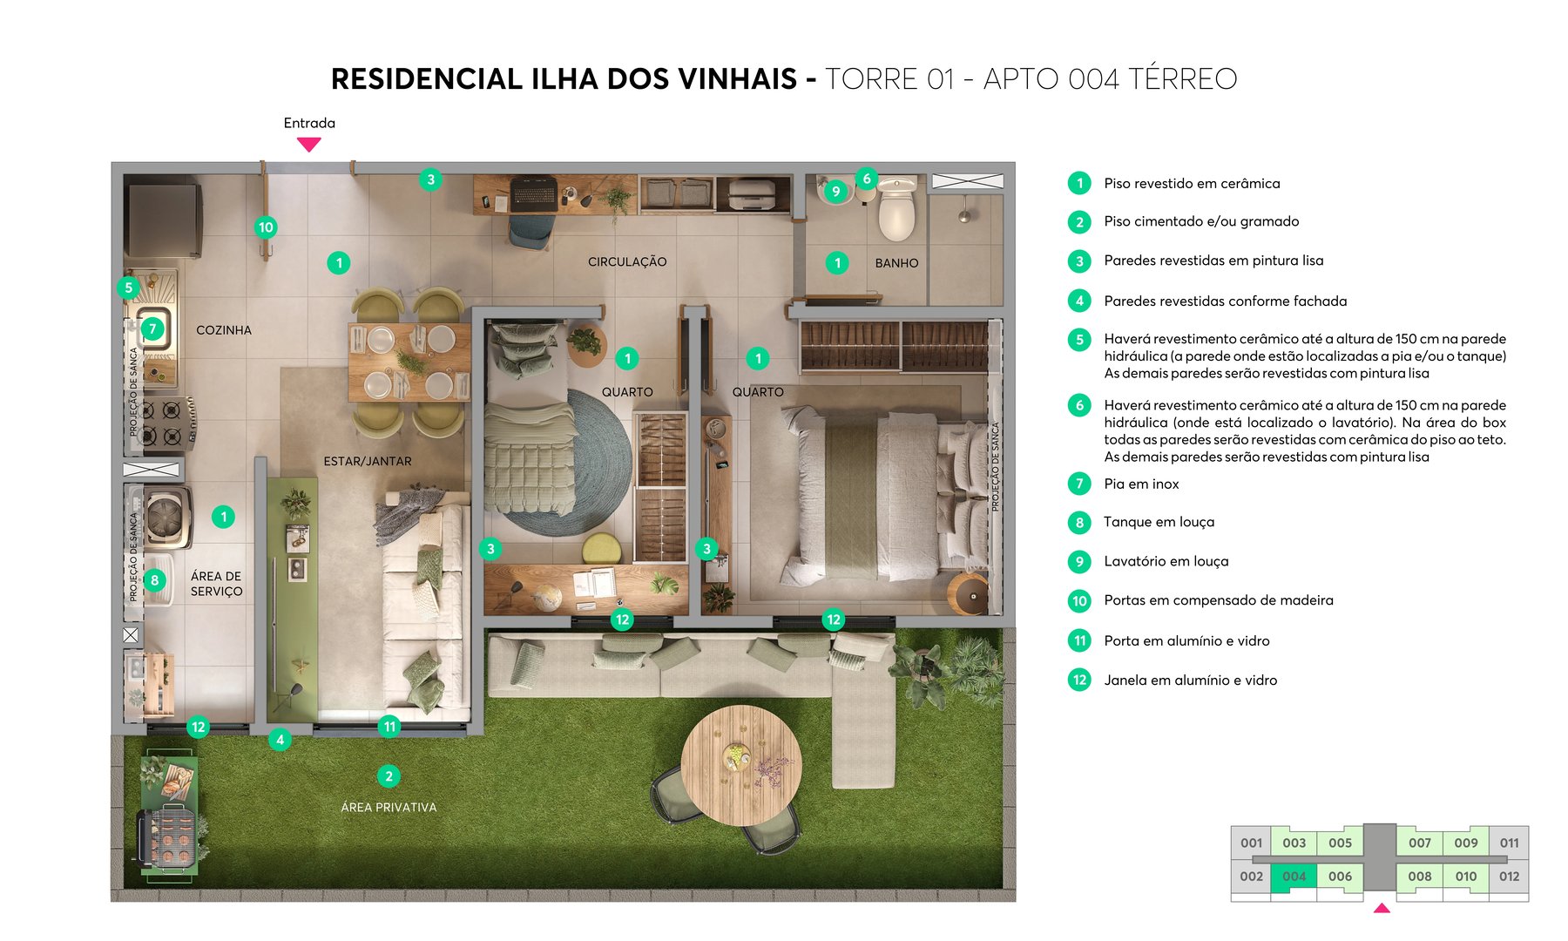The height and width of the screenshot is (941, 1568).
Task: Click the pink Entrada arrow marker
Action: coord(309,144)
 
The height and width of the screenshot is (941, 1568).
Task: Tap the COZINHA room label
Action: coord(224,330)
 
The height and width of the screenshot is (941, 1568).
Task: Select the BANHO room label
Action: coord(896,263)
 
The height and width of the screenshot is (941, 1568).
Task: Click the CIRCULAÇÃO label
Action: coord(627,261)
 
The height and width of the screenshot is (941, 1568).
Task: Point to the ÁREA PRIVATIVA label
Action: coord(389,808)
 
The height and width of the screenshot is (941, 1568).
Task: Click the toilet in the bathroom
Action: coord(897,209)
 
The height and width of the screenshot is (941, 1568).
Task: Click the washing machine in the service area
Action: coord(166,518)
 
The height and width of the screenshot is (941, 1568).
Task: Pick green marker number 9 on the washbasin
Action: coord(835,192)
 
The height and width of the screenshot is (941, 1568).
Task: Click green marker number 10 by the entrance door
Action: coord(266,227)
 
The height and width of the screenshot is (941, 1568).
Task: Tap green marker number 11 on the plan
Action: coord(389,727)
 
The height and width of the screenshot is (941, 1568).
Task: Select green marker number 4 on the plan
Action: coord(280,740)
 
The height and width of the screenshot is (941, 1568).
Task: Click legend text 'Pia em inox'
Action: coord(1141,484)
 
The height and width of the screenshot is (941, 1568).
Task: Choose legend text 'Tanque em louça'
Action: coord(1159,522)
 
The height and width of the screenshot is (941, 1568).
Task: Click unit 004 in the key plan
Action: coord(1294,877)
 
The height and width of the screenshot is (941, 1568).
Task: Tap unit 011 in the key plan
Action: coord(1509,843)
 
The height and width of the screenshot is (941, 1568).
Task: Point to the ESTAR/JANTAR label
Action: coord(368,462)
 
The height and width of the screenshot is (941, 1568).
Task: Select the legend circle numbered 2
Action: coord(1079,222)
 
